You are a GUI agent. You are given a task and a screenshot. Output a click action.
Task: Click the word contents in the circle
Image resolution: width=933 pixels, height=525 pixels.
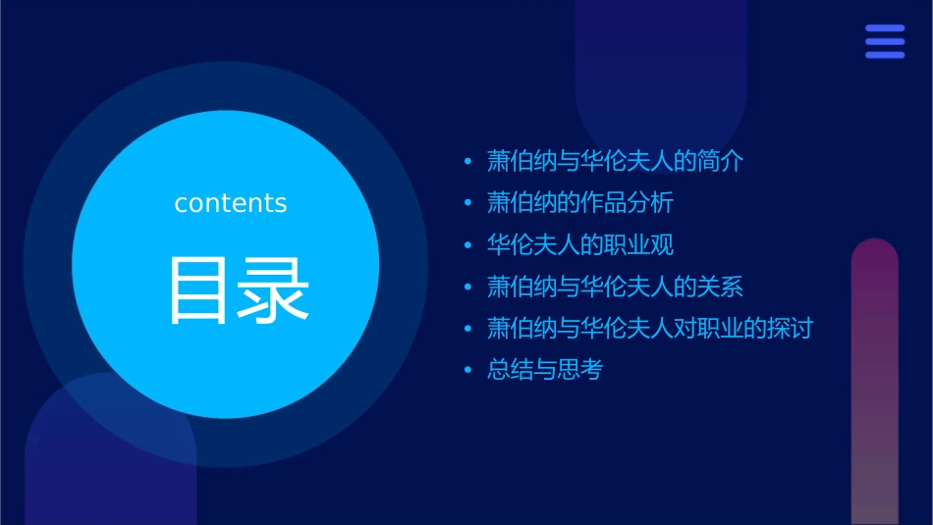[231, 203]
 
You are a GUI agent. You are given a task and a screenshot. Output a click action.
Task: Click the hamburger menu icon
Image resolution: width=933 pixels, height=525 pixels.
[885, 41]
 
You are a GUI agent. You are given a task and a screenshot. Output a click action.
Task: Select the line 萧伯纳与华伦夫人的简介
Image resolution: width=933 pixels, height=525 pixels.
[616, 161]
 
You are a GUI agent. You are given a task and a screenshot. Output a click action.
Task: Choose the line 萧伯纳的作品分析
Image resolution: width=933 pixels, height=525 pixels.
[580, 203]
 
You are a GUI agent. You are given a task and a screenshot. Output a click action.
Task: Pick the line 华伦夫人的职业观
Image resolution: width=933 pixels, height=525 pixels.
[580, 244]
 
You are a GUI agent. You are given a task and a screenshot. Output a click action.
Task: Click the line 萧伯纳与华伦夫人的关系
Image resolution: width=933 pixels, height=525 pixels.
[616, 287]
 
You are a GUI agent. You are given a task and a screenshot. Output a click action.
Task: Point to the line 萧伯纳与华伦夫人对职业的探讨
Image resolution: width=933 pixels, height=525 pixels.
[650, 328]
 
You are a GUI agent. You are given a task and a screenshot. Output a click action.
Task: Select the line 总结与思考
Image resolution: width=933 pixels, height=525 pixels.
[545, 370]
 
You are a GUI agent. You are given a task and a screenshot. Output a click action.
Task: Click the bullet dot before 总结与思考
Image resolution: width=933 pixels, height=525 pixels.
[468, 371]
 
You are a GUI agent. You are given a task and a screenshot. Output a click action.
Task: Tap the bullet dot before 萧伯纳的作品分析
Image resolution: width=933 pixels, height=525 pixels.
[468, 204]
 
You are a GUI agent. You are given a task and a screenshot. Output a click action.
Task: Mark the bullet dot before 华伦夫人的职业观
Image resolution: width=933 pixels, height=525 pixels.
[468, 245]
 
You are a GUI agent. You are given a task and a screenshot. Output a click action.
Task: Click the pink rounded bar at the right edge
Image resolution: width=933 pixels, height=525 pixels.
[874, 383]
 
